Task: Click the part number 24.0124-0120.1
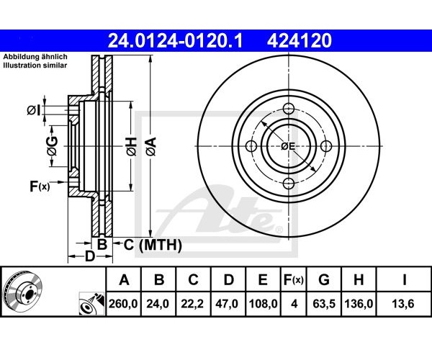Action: [175, 40]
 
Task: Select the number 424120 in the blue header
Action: [300, 40]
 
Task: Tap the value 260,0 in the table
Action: [123, 304]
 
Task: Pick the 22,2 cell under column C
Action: [192, 304]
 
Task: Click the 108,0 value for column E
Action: [263, 304]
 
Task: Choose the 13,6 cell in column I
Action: [403, 304]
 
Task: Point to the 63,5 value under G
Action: [324, 304]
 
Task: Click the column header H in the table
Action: [359, 280]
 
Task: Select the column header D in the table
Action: [229, 280]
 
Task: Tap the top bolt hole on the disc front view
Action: [289, 108]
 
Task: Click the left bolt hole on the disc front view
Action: [251, 146]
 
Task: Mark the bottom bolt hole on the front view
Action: [289, 184]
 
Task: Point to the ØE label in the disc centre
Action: [288, 146]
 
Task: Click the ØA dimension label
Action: [151, 147]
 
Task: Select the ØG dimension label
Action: [52, 146]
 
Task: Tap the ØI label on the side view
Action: [34, 110]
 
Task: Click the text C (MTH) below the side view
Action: [153, 245]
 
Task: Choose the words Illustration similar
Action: [35, 66]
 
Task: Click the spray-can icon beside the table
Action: [91, 304]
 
